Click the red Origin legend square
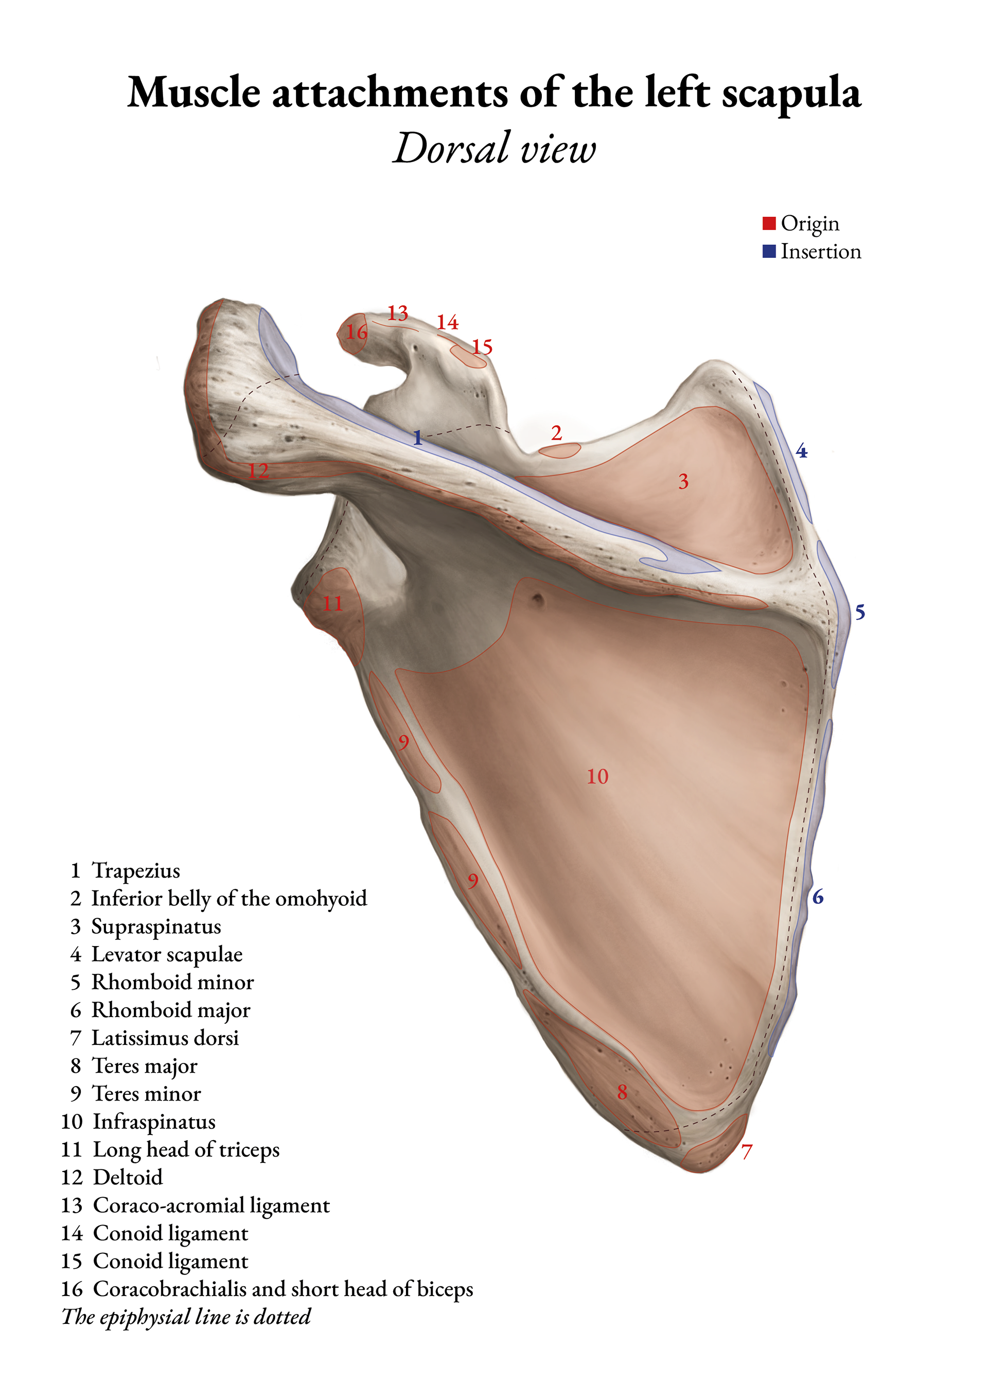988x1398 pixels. tap(769, 223)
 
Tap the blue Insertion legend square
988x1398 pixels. tap(769, 252)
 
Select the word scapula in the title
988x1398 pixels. tap(791, 94)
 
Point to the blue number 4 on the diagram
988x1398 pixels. tap(801, 451)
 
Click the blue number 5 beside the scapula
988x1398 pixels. tap(859, 612)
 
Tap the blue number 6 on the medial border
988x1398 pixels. tap(818, 897)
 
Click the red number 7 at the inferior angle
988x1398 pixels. tap(747, 1151)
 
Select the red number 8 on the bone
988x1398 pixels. tap(622, 1092)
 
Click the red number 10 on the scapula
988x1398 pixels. tap(597, 776)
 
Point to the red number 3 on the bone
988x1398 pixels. tap(683, 482)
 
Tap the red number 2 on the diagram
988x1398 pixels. tap(556, 433)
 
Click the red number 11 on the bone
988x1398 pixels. tap(332, 603)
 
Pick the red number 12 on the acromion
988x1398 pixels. tap(258, 470)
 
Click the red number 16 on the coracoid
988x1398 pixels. tap(356, 332)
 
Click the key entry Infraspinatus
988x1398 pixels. tap(153, 1122)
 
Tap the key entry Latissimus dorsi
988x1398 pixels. tap(164, 1038)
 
